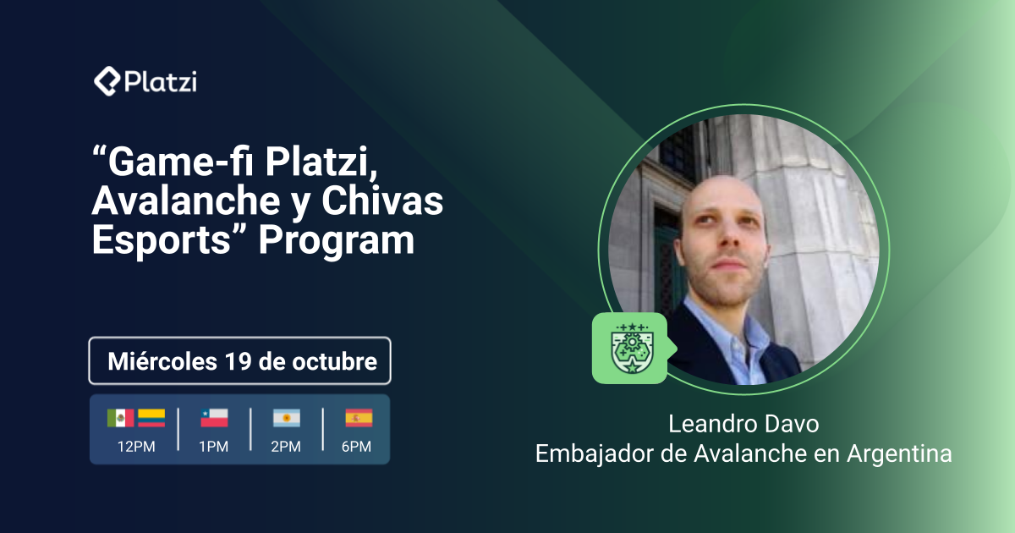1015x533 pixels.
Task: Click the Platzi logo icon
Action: pos(107,82)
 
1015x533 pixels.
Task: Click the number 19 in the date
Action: pos(240,362)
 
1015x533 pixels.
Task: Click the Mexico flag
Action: pos(120,418)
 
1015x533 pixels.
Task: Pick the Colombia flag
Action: pos(151,418)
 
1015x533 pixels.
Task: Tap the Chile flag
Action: pos(214,418)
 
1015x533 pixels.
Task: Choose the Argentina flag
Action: pos(287,418)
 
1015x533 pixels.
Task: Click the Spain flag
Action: pos(359,418)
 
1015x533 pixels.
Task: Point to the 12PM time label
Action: pos(136,447)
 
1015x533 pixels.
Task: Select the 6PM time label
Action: pos(359,447)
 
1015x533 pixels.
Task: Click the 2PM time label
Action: pos(287,447)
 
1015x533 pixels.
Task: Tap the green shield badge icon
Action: pos(629,348)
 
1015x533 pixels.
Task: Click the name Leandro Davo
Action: pos(743,423)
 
